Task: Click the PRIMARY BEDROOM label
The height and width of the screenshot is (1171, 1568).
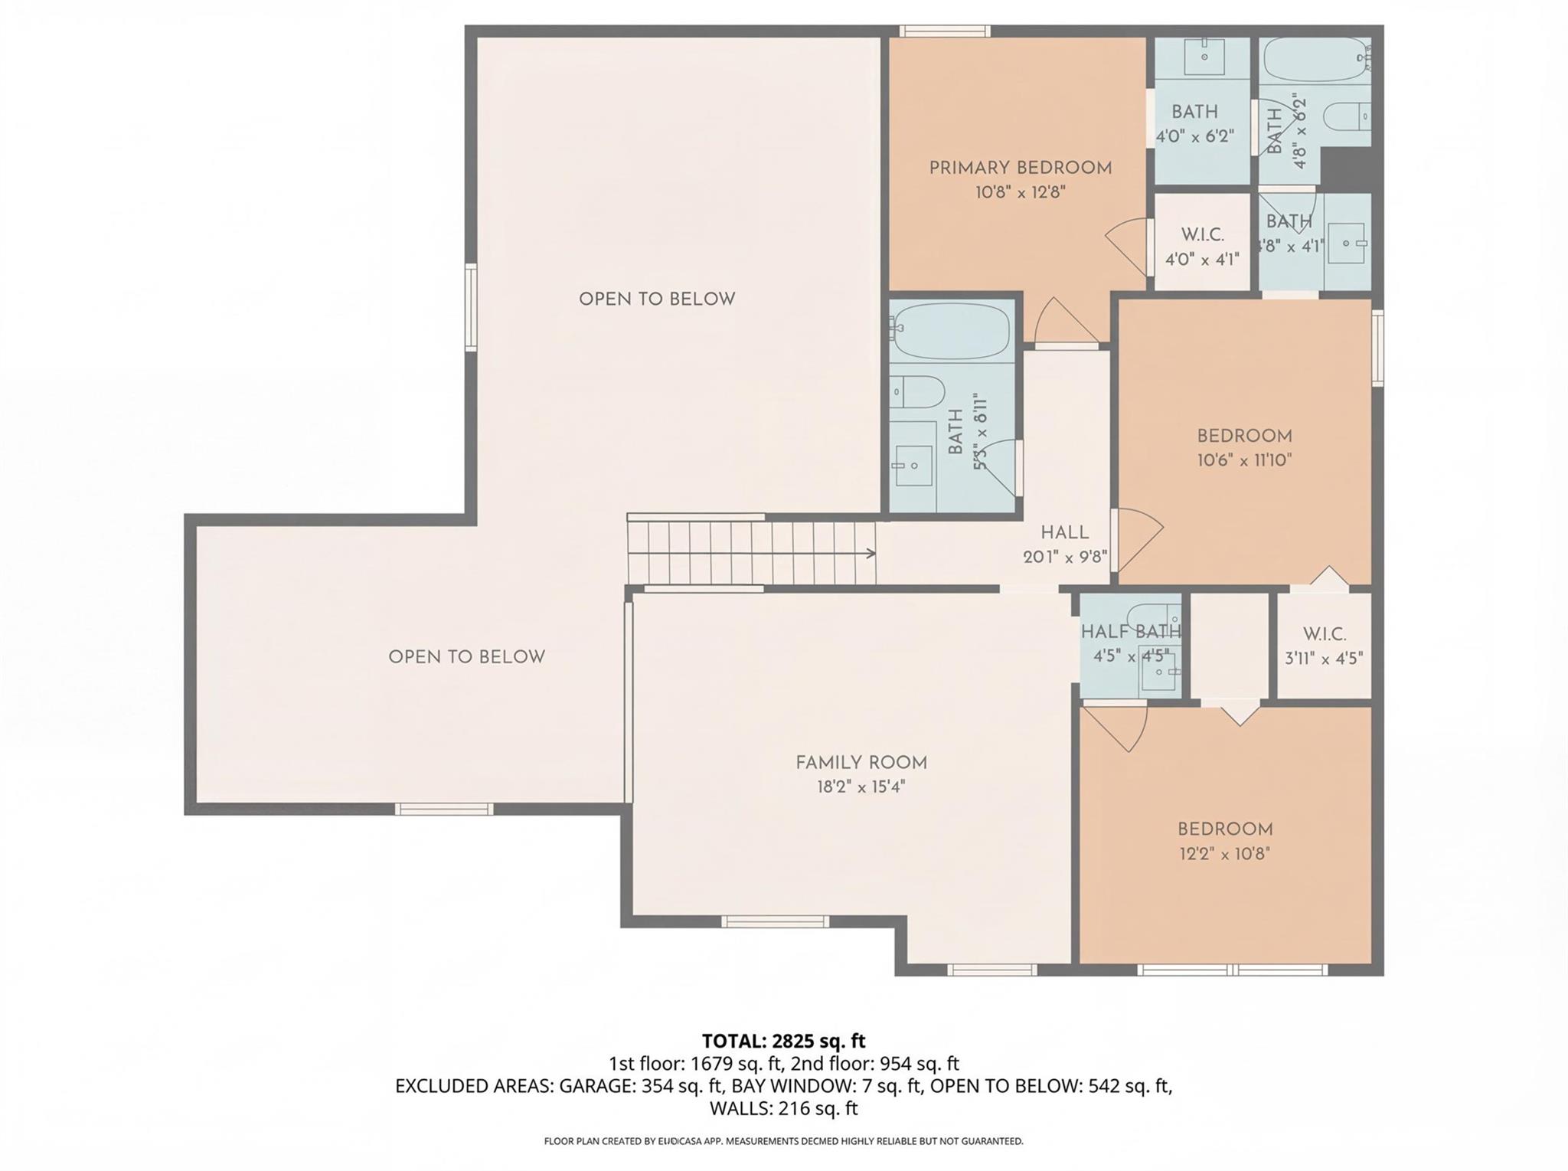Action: pyautogui.click(x=1020, y=168)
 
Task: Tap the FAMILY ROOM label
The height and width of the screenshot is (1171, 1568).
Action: pyautogui.click(x=861, y=763)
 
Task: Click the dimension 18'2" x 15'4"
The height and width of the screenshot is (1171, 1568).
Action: pyautogui.click(x=861, y=787)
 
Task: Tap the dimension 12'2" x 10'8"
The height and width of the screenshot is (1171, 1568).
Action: pyautogui.click(x=1224, y=854)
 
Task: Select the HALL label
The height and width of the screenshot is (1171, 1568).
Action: pyautogui.click(x=1064, y=533)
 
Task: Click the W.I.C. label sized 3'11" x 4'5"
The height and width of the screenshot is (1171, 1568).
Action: pyautogui.click(x=1324, y=634)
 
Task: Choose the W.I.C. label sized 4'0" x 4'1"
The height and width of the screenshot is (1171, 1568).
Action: pyautogui.click(x=1202, y=235)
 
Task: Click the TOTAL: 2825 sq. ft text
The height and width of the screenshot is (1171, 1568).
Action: pyautogui.click(x=783, y=1042)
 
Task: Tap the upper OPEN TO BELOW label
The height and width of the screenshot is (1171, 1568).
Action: pyautogui.click(x=657, y=299)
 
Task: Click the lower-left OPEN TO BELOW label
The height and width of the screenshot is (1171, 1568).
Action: pyautogui.click(x=466, y=657)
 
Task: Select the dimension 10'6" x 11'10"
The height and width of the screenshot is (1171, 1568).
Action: pyautogui.click(x=1244, y=460)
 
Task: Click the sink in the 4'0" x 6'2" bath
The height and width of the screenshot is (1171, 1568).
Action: pyautogui.click(x=1204, y=56)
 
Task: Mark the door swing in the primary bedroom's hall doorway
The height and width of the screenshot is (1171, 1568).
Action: pyautogui.click(x=1064, y=322)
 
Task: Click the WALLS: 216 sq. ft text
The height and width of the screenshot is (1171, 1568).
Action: pyautogui.click(x=783, y=1108)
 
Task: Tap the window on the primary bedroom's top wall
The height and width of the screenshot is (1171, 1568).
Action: pyautogui.click(x=944, y=31)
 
